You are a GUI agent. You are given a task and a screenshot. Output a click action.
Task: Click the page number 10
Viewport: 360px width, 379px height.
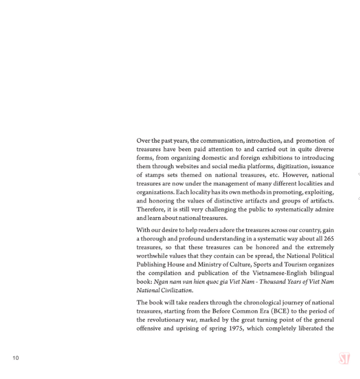point(16,357)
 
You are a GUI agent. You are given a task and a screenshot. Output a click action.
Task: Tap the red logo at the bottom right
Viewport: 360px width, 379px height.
point(344,359)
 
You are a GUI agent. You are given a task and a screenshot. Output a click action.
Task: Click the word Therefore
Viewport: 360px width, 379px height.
point(151,209)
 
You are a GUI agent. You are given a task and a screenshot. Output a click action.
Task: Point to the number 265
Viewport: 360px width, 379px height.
point(328,238)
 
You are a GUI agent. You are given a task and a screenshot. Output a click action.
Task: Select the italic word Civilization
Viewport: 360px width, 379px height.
point(174,290)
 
